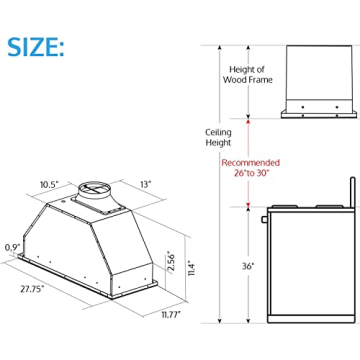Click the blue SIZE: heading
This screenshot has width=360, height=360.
pyautogui.click(x=38, y=46)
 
